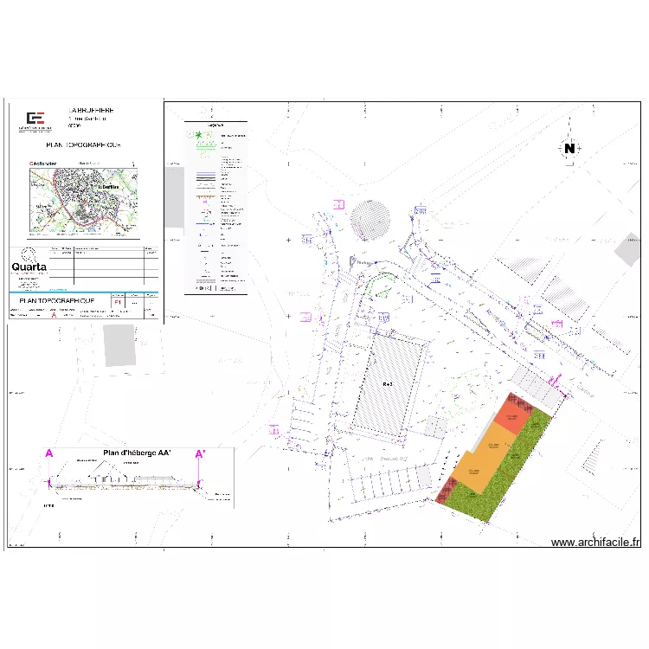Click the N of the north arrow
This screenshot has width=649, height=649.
click(569, 148)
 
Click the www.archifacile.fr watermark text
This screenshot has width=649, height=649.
click(596, 543)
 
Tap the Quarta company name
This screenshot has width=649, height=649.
click(29, 267)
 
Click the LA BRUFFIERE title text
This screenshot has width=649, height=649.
click(90, 111)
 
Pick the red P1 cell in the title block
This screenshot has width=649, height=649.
click(118, 303)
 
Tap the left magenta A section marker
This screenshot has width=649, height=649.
click(49, 453)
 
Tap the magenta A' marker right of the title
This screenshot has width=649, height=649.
click(200, 453)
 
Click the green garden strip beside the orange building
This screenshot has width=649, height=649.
click(506, 476)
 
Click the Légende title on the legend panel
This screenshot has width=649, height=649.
click(215, 125)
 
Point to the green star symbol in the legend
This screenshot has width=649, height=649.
click(198, 136)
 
